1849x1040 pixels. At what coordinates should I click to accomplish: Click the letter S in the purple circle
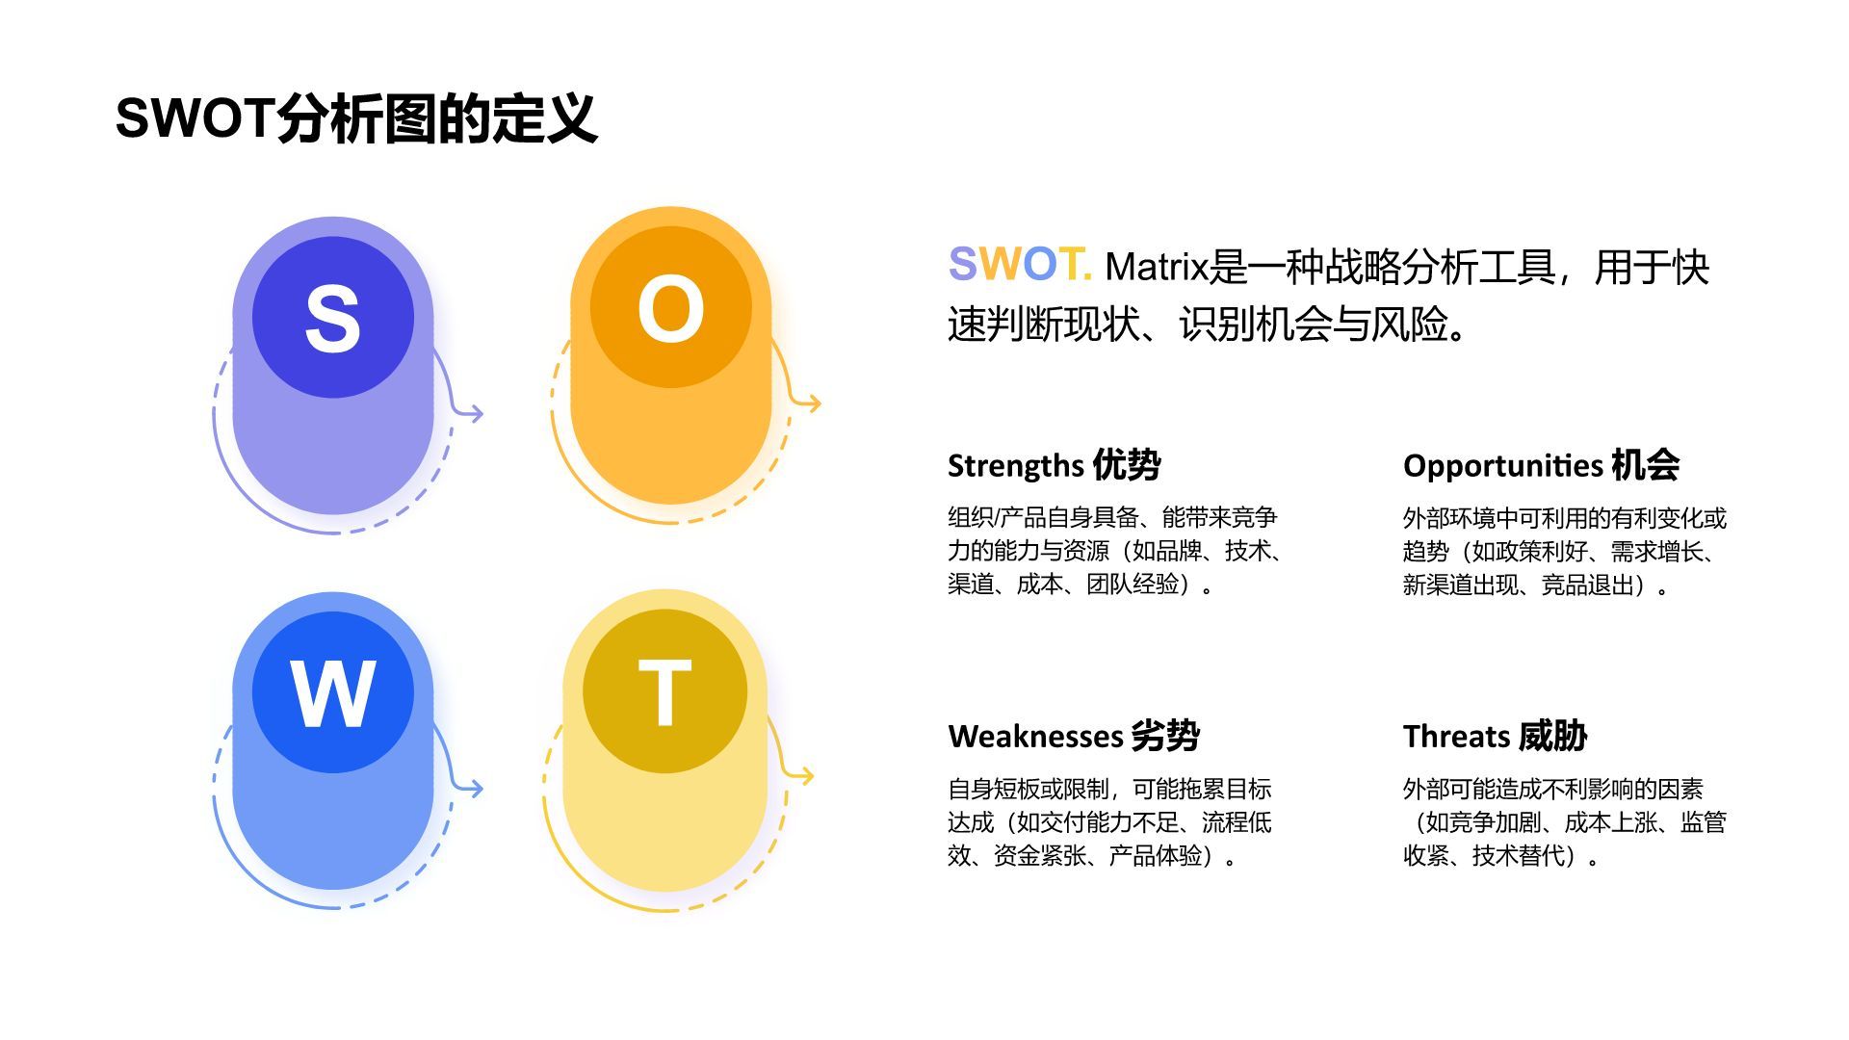332,318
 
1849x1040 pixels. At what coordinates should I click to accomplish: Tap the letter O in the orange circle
670,308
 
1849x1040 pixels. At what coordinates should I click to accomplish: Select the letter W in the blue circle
332,693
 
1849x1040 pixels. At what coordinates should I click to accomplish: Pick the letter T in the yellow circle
664,692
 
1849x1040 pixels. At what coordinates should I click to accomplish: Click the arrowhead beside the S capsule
476,413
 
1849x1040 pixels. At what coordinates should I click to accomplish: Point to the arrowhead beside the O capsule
814,403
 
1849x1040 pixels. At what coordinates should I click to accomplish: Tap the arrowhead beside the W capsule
476,788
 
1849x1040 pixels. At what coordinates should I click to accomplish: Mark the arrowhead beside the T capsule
806,775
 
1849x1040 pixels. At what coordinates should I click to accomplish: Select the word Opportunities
1502,466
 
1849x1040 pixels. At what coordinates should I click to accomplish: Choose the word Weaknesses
1034,737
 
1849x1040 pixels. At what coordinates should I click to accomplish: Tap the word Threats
1456,737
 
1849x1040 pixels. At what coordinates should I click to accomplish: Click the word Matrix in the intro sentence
1156,268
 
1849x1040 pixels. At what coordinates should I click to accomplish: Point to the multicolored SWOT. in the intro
1019,264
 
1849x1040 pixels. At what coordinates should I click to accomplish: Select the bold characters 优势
1127,465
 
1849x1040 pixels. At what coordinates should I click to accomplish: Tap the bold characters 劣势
1165,737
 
